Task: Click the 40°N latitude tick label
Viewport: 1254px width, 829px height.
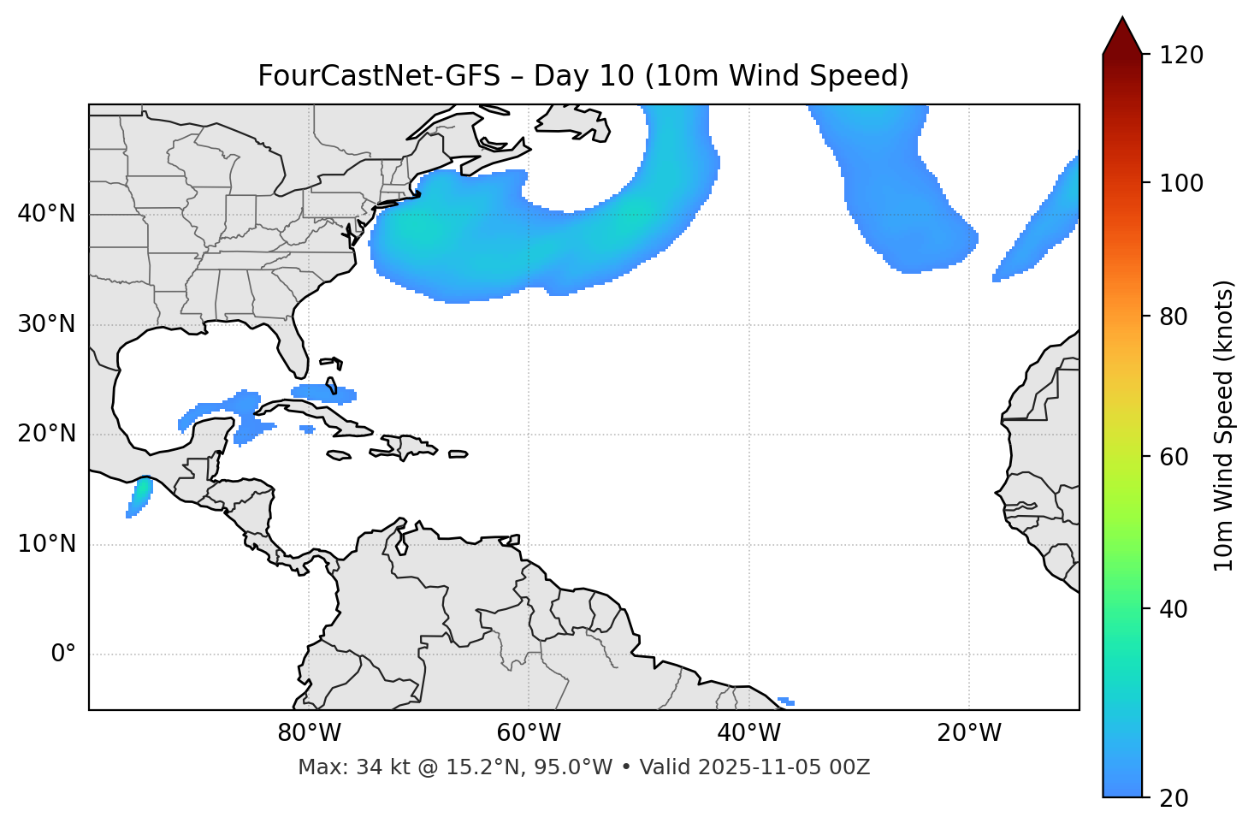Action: [x=46, y=214]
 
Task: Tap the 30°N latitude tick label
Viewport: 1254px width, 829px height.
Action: [x=46, y=324]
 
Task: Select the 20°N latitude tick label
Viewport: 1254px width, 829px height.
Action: [x=46, y=434]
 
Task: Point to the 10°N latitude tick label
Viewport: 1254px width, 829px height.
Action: [x=46, y=544]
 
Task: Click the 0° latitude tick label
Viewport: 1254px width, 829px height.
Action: [x=63, y=654]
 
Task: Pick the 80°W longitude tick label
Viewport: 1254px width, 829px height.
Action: [x=309, y=733]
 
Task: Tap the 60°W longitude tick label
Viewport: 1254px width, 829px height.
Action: [x=529, y=733]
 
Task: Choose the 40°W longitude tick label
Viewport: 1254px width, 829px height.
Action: [x=748, y=733]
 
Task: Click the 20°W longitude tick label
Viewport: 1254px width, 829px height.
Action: [x=968, y=733]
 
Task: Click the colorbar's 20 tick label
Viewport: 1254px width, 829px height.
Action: [x=1172, y=798]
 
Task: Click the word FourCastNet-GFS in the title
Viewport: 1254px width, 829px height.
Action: [x=379, y=76]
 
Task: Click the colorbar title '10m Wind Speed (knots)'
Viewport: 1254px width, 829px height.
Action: [x=1224, y=425]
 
